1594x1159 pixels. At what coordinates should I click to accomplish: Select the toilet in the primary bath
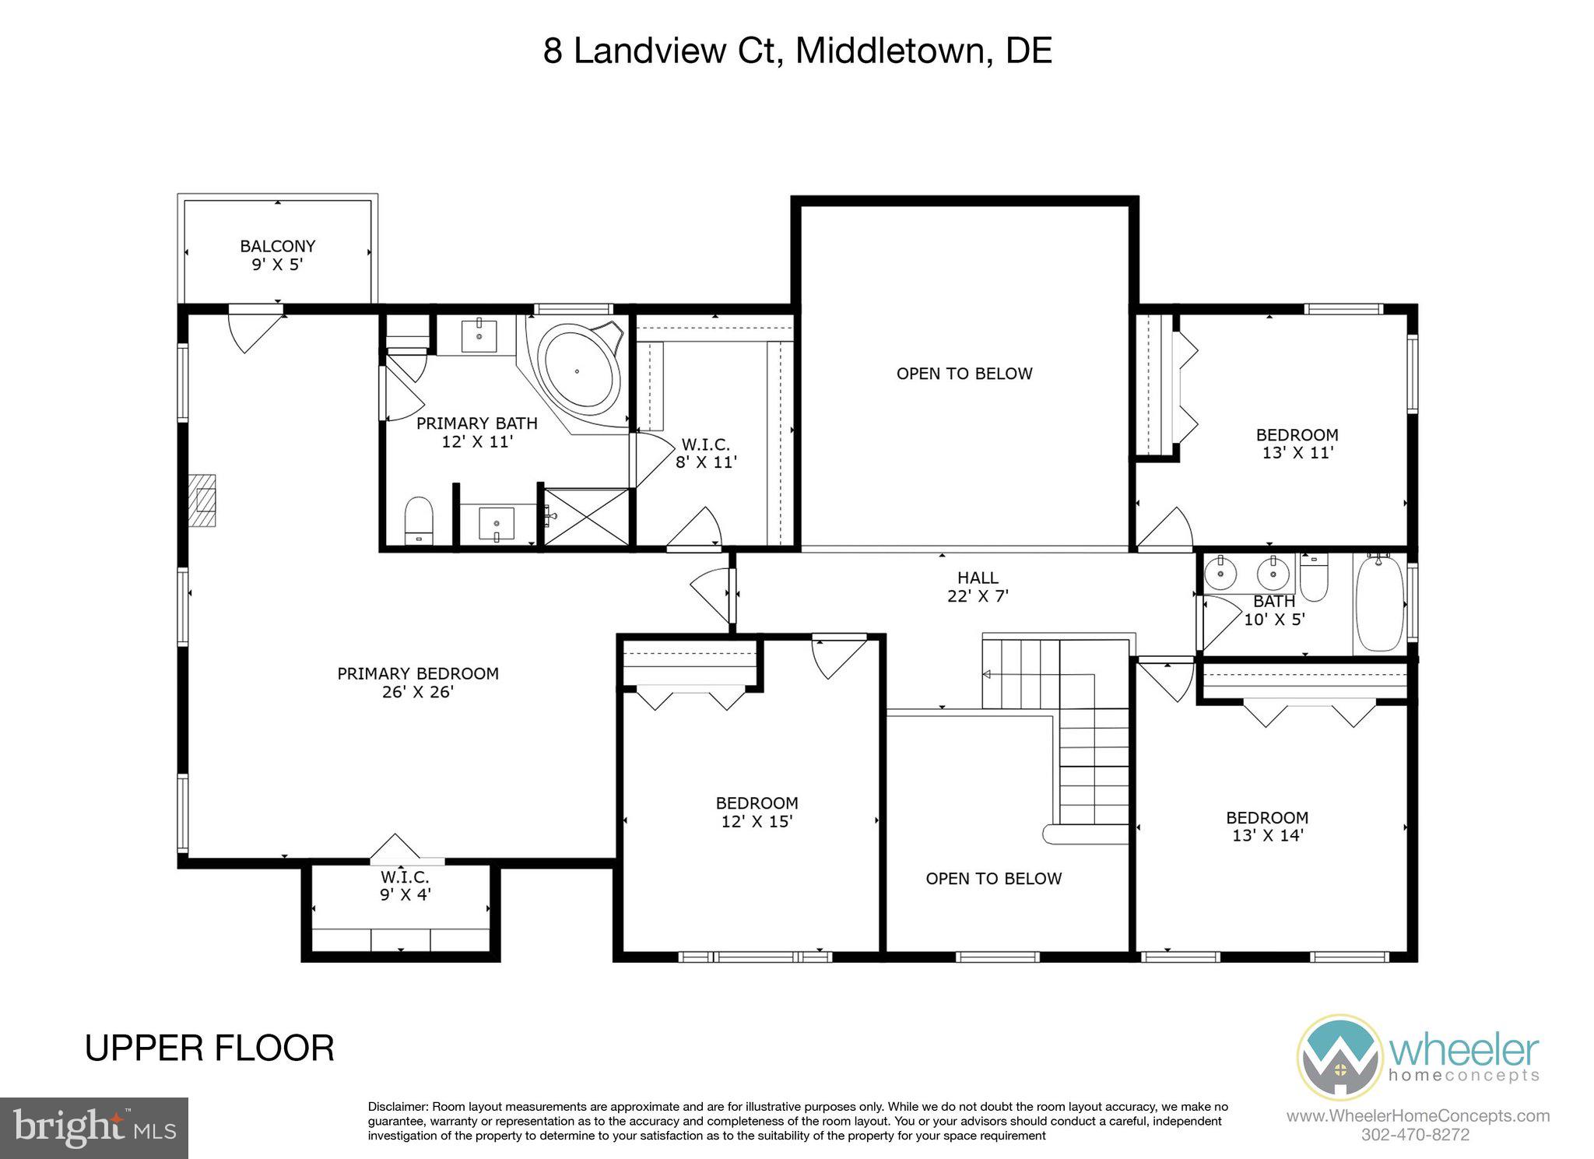(419, 520)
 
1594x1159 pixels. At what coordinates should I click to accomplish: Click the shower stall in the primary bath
(586, 516)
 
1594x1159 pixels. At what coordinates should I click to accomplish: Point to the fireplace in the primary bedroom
(204, 501)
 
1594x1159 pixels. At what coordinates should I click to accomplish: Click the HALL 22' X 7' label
(978, 587)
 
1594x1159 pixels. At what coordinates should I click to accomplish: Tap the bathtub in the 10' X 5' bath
(1379, 604)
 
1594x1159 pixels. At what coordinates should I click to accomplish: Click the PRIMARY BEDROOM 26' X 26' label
(418, 683)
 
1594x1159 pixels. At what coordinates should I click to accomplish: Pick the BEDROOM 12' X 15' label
(757, 812)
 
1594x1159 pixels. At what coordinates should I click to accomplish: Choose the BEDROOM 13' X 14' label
(1267, 827)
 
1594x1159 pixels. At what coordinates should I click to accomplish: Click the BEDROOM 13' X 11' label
(1297, 444)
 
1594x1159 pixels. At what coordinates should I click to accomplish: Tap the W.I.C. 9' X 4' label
(405, 886)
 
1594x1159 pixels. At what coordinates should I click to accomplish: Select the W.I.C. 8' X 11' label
(705, 453)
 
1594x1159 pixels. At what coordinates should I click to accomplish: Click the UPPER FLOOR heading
(209, 1048)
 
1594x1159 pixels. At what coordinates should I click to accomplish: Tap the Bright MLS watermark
(93, 1128)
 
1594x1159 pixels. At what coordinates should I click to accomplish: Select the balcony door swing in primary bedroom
(254, 330)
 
